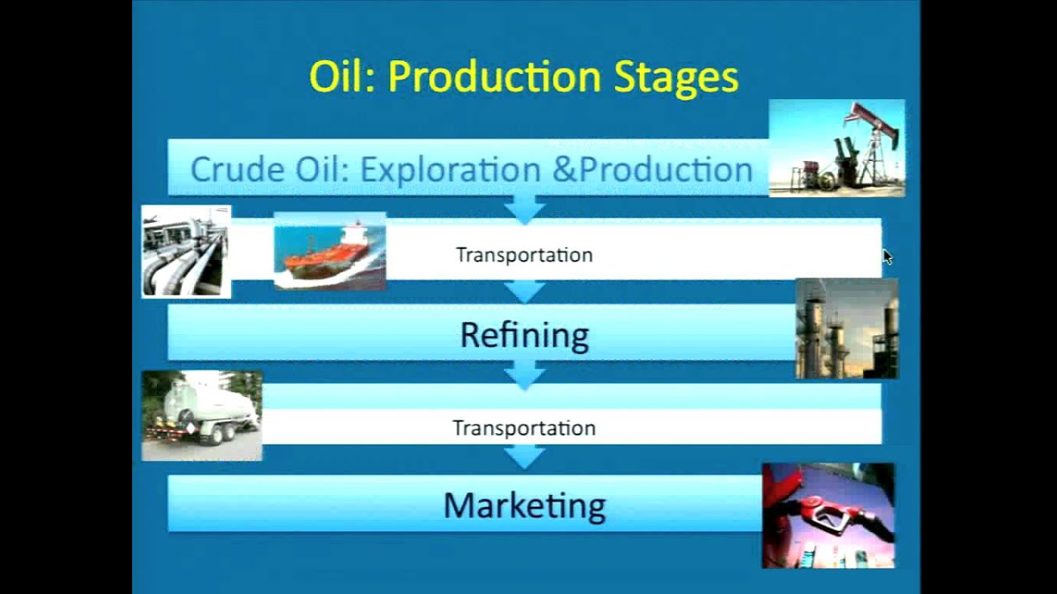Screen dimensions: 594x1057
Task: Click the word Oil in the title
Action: tap(339, 77)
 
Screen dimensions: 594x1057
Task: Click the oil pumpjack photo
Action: tap(837, 148)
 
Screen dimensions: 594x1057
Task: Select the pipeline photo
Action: tap(186, 251)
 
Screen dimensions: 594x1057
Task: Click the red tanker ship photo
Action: tap(329, 251)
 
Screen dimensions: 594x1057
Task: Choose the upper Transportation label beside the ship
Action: tap(524, 255)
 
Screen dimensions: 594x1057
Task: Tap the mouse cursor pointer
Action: tap(887, 257)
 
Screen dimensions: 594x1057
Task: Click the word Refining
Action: tap(524, 335)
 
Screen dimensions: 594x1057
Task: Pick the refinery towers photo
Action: tap(846, 328)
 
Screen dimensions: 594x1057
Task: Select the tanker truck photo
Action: tap(201, 415)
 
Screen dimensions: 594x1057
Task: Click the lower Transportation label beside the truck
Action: tap(524, 428)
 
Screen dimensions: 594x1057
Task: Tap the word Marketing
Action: tap(524, 505)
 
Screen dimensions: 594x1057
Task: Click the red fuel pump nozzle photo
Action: tap(827, 515)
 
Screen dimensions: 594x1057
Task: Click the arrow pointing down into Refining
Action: tap(524, 290)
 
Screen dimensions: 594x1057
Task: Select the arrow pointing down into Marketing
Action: tap(524, 456)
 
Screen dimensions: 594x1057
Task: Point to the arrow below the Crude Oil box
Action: tap(524, 208)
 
